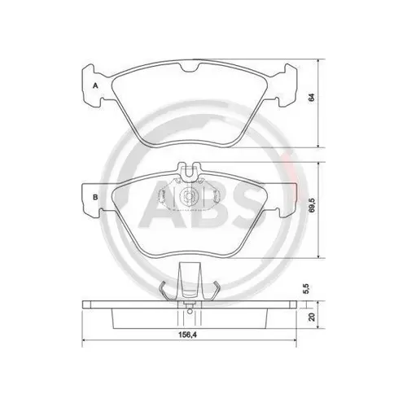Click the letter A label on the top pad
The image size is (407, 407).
click(95, 85)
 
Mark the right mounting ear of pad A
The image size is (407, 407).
click(283, 85)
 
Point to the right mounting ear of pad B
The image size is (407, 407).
click(283, 198)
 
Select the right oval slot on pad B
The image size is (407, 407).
click(213, 197)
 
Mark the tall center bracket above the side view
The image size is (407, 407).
click(190, 282)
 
